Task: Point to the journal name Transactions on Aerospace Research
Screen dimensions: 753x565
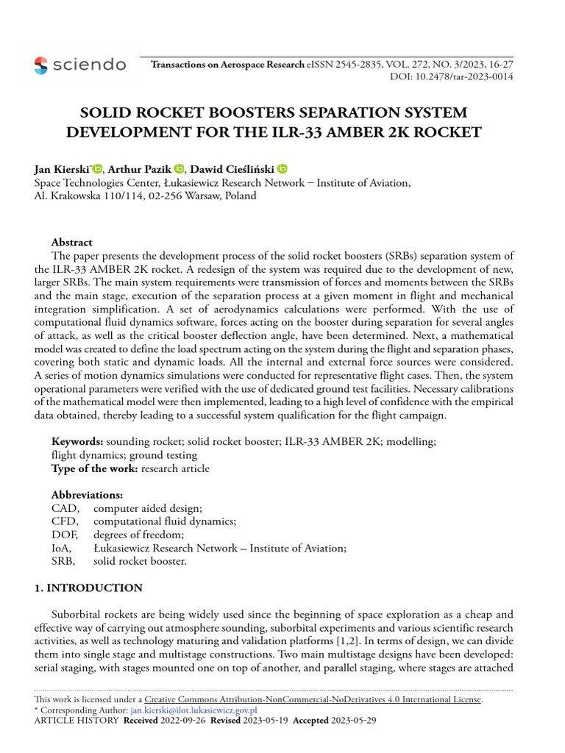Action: pyautogui.click(x=227, y=65)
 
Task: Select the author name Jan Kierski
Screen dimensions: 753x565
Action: pyautogui.click(x=62, y=169)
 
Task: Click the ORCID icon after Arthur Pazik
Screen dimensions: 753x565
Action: pyautogui.click(x=180, y=169)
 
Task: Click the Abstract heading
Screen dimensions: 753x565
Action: pyautogui.click(x=71, y=242)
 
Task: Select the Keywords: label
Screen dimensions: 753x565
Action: pyautogui.click(x=77, y=441)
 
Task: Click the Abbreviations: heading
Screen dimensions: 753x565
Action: pyautogui.click(x=87, y=495)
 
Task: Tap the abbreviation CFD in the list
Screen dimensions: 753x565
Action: pyautogui.click(x=64, y=521)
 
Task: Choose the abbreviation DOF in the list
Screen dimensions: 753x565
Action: pyautogui.click(x=65, y=535)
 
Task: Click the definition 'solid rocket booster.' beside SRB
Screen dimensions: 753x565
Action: pyautogui.click(x=141, y=561)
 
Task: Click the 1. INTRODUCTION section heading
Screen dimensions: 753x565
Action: pyautogui.click(x=89, y=588)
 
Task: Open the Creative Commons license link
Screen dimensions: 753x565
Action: pyautogui.click(x=313, y=699)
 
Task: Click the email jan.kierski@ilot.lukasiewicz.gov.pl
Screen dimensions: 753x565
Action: pyautogui.click(x=193, y=710)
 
